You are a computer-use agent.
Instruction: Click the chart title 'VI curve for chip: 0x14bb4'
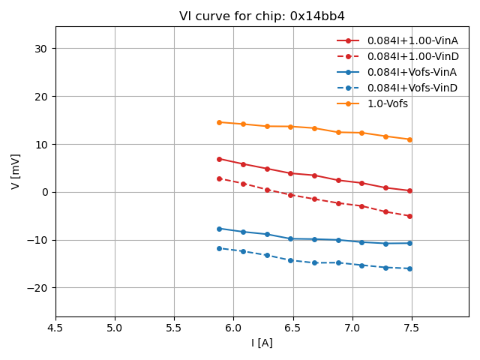pos(262,16)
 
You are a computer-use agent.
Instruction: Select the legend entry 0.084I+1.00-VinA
pos(412,40)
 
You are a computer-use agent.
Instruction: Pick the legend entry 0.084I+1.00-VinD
pos(412,56)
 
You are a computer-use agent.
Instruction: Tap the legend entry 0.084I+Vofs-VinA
pos(412,72)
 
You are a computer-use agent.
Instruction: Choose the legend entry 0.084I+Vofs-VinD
pos(412,88)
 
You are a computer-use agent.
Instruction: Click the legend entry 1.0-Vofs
pos(387,103)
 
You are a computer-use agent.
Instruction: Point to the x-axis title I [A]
pos(262,343)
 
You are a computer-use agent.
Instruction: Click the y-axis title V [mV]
pos(16,171)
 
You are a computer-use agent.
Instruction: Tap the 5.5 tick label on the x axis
pos(174,328)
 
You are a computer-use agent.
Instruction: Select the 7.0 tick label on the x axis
pos(352,328)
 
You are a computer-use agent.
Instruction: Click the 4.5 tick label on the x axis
pos(55,328)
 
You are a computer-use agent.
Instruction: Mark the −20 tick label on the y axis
pos(37,288)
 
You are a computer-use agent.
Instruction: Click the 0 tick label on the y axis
pos(44,192)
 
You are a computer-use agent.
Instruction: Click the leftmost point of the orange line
pos(219,122)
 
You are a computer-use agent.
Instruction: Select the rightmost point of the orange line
pos(409,139)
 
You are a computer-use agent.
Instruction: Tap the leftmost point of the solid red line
pos(219,159)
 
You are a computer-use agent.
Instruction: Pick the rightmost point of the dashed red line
pos(409,216)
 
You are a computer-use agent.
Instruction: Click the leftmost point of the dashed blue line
pos(219,248)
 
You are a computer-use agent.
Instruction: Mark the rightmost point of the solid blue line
pos(409,243)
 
